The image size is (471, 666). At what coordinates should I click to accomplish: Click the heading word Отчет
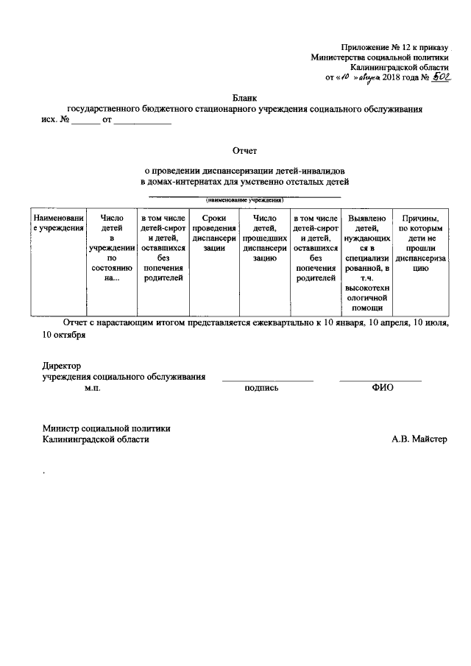[244, 150]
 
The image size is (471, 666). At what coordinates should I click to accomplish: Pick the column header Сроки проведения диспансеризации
[213, 233]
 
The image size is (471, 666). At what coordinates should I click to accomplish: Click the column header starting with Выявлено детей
[366, 259]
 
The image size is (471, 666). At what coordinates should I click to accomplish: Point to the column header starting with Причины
[419, 244]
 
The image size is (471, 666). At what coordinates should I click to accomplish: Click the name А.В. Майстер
[419, 439]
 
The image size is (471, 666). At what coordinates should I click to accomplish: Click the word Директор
[61, 366]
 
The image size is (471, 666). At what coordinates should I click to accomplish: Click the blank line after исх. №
[86, 122]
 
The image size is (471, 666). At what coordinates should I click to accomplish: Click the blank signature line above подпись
[268, 380]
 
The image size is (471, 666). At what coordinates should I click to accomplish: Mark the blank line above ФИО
[380, 380]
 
